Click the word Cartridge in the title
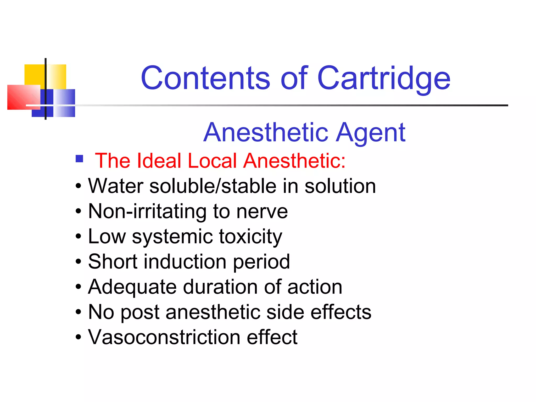pos(384,78)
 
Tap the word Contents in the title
pos(205,78)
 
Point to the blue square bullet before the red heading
pos(79,159)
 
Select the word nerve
pos(262,211)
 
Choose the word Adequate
pos(132,287)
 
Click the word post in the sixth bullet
pos(140,312)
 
